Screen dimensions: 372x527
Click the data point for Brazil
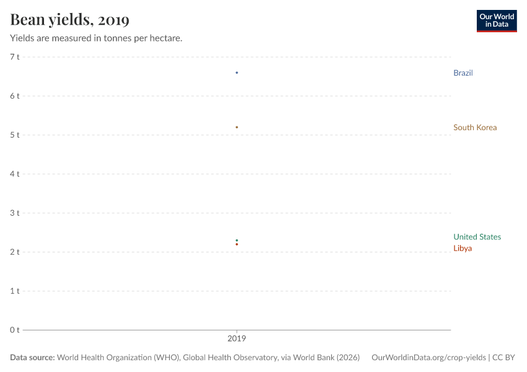237,73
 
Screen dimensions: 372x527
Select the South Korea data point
237,127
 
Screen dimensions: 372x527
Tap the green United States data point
237,241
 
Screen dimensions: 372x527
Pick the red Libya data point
237,244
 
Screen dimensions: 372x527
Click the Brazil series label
463,73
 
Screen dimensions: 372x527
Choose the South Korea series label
474,128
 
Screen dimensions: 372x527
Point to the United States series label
477,237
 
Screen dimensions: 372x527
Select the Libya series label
462,249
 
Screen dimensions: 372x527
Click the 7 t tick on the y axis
15,57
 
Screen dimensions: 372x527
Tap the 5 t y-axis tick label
15,135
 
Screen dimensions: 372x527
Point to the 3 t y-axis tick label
15,213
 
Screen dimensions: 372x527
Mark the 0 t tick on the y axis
15,330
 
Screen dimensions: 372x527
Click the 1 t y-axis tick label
15,291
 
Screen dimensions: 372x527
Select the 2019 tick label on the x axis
237,339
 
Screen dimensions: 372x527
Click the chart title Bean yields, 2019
69,20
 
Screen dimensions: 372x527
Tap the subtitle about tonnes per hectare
96,38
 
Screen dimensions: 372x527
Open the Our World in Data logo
496,20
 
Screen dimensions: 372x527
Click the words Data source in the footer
32,358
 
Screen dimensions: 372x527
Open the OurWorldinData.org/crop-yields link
428,358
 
